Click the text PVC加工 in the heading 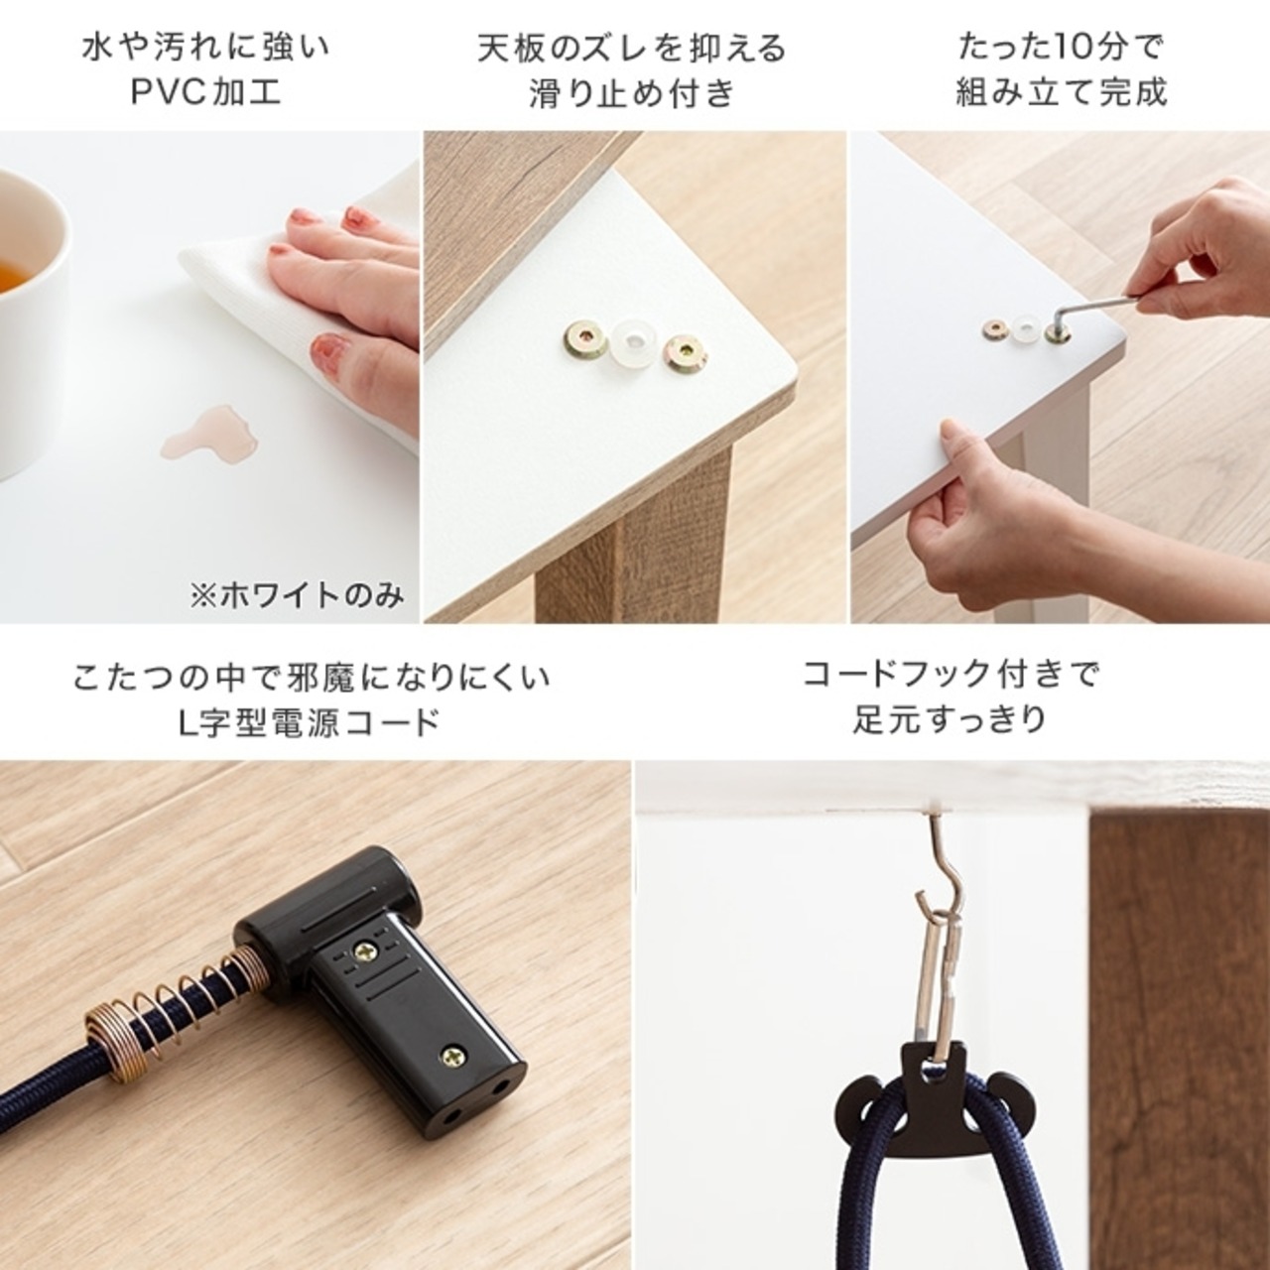click(x=206, y=92)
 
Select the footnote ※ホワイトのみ click(x=298, y=596)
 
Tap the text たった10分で click(x=1060, y=47)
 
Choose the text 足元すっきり click(x=950, y=718)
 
